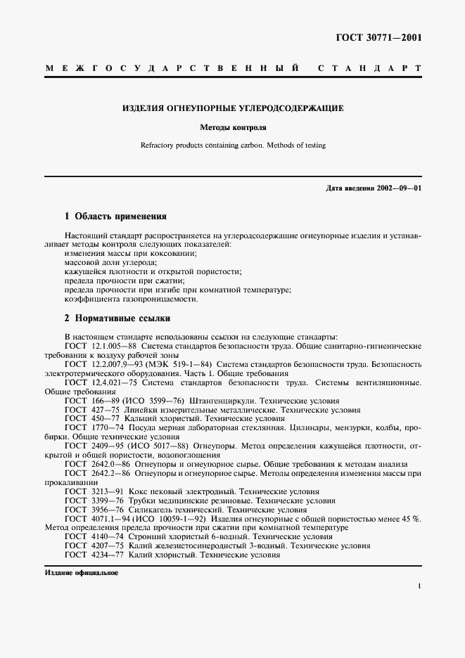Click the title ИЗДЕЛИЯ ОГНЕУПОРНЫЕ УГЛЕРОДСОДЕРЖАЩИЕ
point(233,109)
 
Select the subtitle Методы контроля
point(233,129)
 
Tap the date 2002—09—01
point(399,188)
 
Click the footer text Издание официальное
point(82,573)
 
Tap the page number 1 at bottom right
point(419,586)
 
